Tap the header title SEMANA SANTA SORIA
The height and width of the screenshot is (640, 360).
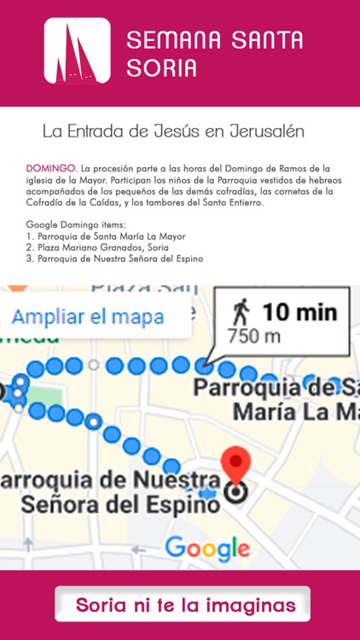point(214,53)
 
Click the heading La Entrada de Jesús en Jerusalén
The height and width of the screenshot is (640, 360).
point(173,132)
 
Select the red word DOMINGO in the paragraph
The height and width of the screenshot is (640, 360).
point(51,169)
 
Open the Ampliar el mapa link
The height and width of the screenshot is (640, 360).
point(88,317)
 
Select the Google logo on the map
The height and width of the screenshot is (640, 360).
point(201,547)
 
